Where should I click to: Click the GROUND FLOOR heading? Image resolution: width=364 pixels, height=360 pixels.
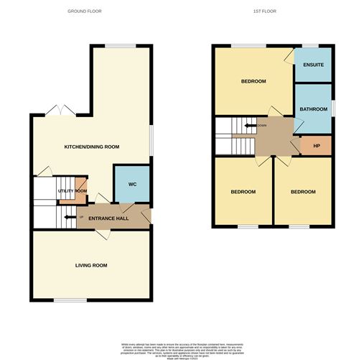click(x=84, y=11)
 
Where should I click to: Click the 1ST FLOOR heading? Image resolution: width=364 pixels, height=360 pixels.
click(x=265, y=11)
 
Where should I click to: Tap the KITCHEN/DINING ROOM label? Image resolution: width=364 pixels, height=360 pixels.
click(x=91, y=147)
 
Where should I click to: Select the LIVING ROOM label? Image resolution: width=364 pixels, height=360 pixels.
click(x=91, y=266)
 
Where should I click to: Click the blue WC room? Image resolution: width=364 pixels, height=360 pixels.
click(x=132, y=185)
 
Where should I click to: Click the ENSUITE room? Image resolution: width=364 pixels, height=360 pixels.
click(x=313, y=65)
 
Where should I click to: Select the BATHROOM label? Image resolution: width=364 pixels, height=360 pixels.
click(x=313, y=109)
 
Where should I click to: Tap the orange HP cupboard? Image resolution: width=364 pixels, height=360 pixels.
click(x=315, y=146)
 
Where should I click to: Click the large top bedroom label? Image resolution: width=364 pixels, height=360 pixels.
click(x=253, y=82)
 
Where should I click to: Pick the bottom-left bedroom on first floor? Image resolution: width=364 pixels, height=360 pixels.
click(x=243, y=192)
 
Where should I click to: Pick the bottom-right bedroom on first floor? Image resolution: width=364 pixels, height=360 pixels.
click(x=302, y=192)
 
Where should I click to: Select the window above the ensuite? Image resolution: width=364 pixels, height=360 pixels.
click(x=312, y=46)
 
